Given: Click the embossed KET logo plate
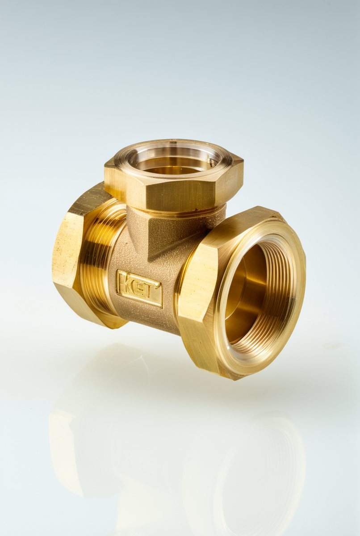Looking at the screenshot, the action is [x=139, y=289].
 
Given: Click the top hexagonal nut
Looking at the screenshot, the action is [x=174, y=176].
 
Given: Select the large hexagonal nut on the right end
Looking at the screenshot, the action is [x=242, y=293].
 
